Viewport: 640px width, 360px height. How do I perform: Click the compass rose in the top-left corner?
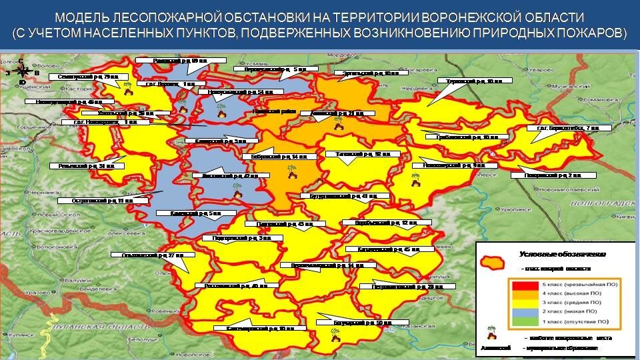23,70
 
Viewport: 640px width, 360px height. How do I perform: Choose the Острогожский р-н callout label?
94,200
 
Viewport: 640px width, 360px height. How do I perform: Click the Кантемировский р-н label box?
260,329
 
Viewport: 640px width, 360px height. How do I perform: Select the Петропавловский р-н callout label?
407,287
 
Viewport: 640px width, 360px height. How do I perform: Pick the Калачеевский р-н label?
383,249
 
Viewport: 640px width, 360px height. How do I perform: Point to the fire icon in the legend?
492,333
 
